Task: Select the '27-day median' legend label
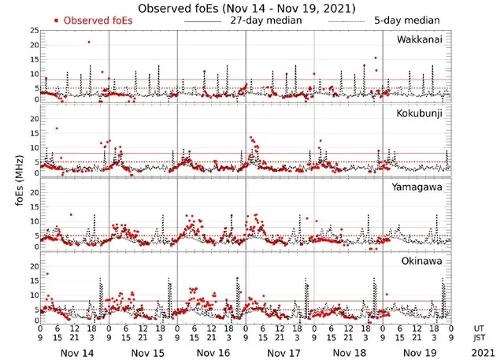267,20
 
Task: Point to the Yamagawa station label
422,187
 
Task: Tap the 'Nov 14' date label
77,354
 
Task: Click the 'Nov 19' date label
420,354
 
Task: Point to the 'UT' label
479,327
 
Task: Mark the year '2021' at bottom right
480,354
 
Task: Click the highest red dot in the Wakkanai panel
88,42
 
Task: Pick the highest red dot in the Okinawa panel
48,274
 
